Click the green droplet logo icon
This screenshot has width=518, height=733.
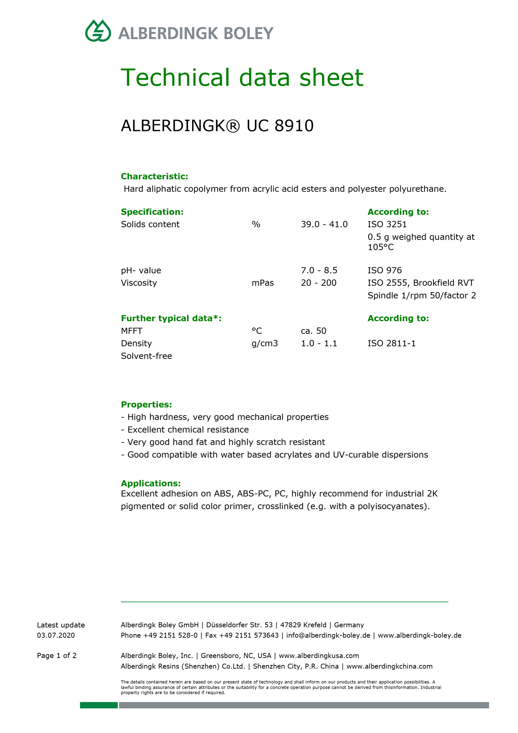tap(98, 31)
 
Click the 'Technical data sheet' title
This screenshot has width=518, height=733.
tap(242, 78)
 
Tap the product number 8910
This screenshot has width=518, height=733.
tap(294, 125)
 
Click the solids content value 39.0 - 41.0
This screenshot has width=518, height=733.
tap(324, 224)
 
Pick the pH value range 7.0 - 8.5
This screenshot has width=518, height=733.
tap(319, 270)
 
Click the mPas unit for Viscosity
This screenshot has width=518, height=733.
tap(263, 283)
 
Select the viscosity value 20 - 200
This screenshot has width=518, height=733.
tap(318, 283)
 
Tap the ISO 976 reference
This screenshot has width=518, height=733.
tap(384, 270)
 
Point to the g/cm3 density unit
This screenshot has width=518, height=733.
tap(264, 343)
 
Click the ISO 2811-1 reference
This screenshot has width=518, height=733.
tap(391, 343)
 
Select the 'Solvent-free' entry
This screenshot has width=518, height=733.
tap(146, 356)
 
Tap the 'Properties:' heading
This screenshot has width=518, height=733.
tap(146, 405)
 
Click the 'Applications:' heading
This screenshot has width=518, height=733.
tap(151, 483)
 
